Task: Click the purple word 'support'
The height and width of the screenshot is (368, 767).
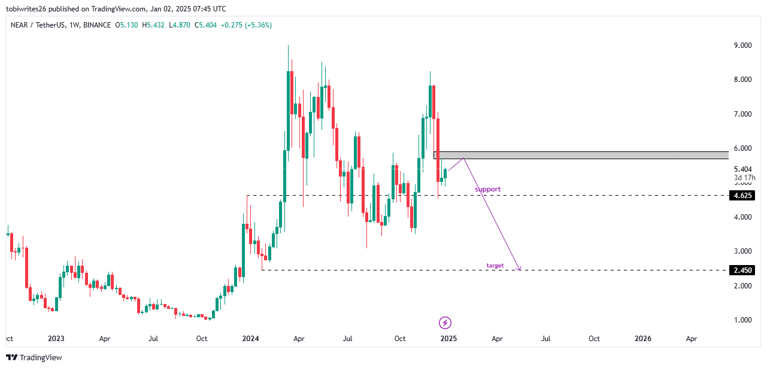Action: tap(487, 189)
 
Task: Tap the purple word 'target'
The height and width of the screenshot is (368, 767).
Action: tap(495, 265)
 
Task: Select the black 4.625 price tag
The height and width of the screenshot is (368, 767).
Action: tap(742, 196)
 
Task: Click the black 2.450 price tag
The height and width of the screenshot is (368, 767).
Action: tap(742, 270)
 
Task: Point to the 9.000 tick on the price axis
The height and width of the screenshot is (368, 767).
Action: tap(742, 45)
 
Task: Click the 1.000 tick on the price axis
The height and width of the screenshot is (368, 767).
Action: tap(742, 320)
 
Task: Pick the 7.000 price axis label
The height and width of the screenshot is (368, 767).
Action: tap(742, 114)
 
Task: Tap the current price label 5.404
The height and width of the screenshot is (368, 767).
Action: tap(742, 169)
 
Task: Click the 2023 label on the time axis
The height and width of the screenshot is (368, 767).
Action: tap(56, 339)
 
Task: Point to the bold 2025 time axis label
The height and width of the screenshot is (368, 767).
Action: tap(448, 339)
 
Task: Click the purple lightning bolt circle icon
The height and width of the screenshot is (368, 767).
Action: tap(445, 323)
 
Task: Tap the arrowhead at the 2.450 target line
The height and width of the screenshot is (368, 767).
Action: tap(520, 269)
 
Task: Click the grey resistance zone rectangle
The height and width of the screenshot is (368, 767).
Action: tap(581, 155)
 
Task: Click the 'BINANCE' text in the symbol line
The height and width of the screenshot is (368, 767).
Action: tap(97, 25)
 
